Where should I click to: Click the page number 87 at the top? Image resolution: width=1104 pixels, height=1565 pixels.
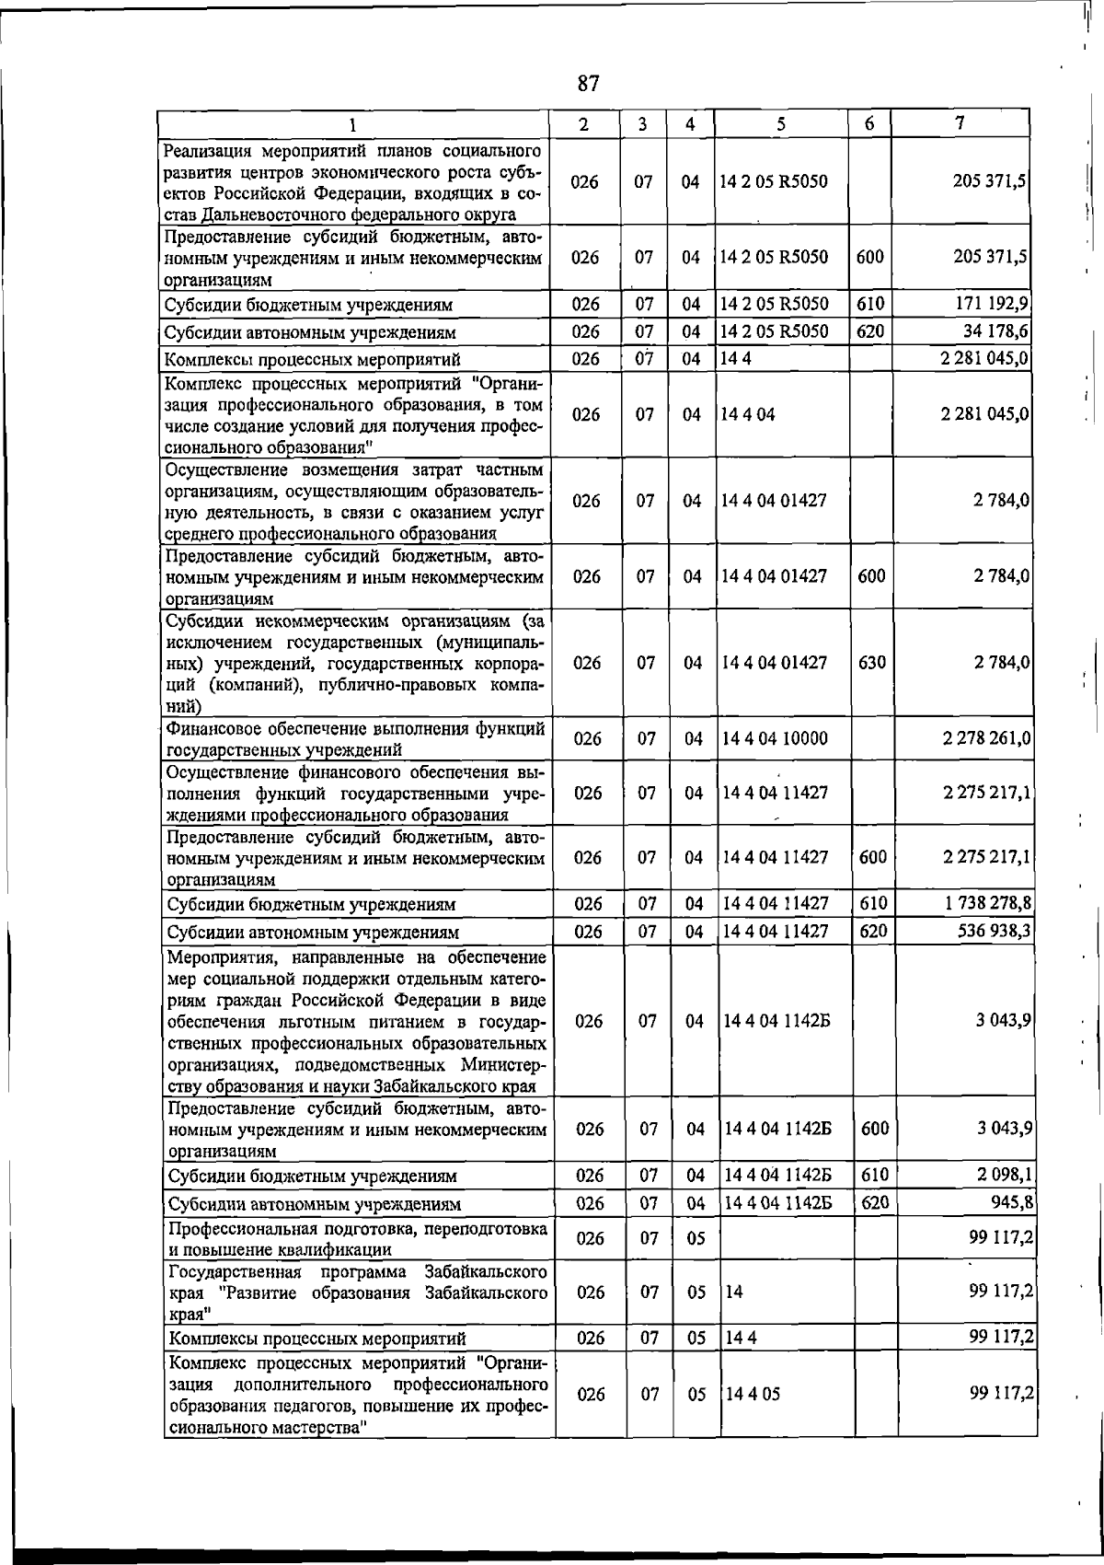(x=588, y=84)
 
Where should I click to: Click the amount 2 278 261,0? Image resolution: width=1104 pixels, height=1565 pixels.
(x=985, y=738)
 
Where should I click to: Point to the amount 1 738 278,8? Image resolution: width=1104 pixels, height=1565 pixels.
(x=986, y=904)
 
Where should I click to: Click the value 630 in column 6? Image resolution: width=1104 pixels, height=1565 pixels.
(x=871, y=663)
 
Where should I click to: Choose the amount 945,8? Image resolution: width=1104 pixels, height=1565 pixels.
(x=1011, y=1202)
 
